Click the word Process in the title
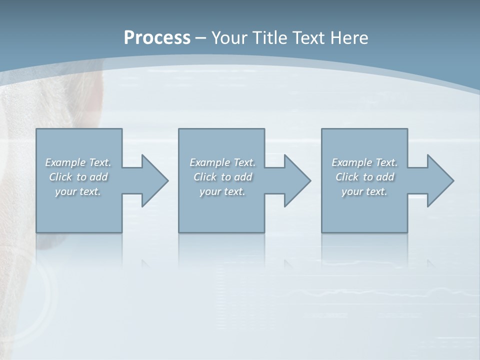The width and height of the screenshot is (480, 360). point(157,38)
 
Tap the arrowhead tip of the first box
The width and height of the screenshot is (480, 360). point(168,180)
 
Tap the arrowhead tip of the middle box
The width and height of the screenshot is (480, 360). point(310,180)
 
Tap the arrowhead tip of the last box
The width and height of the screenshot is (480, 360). point(453,180)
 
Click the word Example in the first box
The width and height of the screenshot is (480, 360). point(65,162)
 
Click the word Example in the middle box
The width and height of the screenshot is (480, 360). point(209,162)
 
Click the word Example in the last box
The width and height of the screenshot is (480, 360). point(351,162)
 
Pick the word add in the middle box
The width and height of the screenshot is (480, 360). point(243,177)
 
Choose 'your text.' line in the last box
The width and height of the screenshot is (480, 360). point(364,191)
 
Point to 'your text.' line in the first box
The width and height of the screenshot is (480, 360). point(78,191)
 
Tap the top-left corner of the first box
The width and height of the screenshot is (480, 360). point(36,129)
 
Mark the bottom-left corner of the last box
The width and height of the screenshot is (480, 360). point(322,232)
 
